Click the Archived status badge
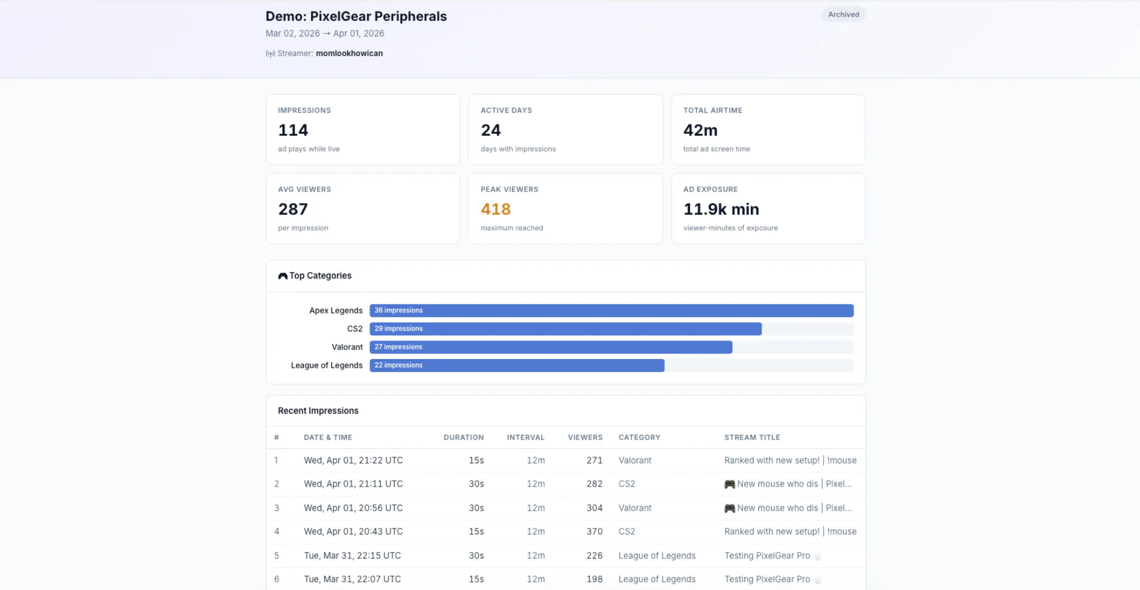[843, 14]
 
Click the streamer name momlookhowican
[349, 53]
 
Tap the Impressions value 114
[293, 130]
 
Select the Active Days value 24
[491, 130]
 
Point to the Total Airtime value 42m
[700, 130]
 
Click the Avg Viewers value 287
[293, 209]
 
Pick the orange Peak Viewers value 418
[496, 209]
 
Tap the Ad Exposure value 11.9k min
[721, 209]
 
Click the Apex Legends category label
[336, 311]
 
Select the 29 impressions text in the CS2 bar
[399, 328]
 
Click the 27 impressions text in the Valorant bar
[398, 347]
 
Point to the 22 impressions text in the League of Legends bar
[399, 365]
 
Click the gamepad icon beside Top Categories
[283, 276]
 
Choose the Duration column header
[464, 438]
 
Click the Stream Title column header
[752, 438]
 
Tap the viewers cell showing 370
[594, 531]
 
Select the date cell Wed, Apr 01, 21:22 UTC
[353, 460]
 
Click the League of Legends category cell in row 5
[657, 555]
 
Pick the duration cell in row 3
[476, 508]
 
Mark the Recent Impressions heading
[318, 411]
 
